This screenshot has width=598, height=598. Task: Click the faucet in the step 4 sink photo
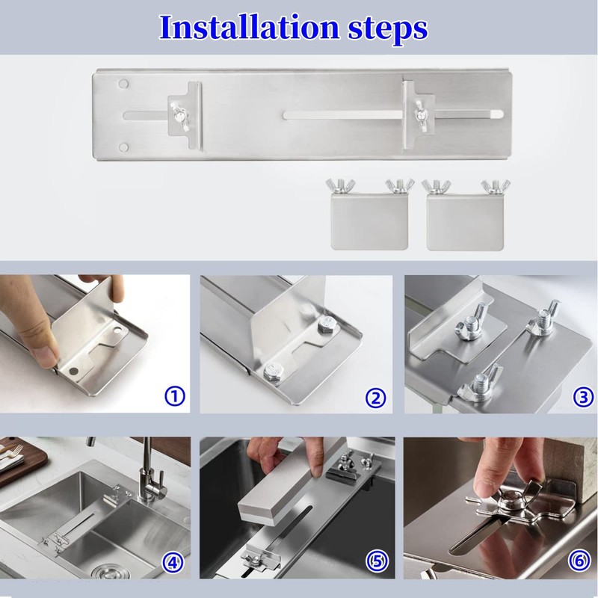point(147,471)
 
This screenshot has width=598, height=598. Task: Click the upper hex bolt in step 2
point(326,327)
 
